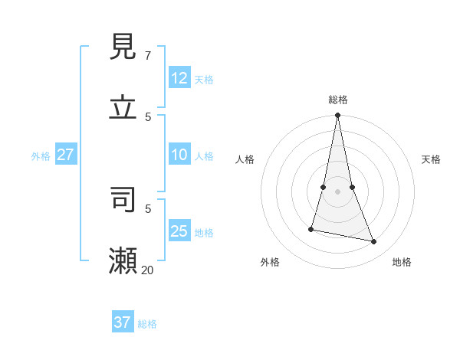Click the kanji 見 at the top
(x=123, y=47)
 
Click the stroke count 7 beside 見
(x=147, y=56)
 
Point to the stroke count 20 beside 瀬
(x=148, y=270)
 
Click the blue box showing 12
(x=179, y=77)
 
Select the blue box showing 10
(x=179, y=155)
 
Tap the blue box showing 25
(x=179, y=231)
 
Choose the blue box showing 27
(x=65, y=155)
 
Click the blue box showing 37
(x=123, y=322)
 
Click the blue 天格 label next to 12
(x=204, y=80)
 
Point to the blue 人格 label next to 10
(x=204, y=156)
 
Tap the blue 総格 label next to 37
(x=147, y=324)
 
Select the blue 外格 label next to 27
(x=41, y=156)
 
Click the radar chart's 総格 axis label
(x=337, y=100)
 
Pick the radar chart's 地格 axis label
(x=402, y=262)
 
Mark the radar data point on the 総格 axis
(x=337, y=116)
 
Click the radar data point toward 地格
(x=374, y=242)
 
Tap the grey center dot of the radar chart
(x=337, y=191)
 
